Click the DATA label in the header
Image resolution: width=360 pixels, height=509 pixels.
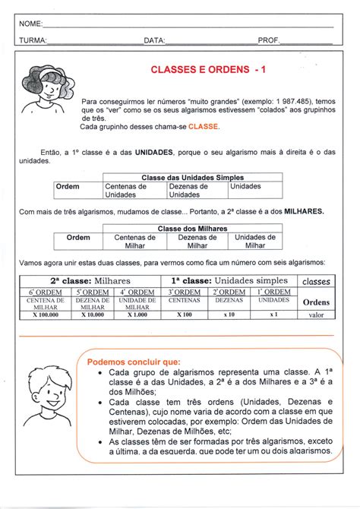point(154,40)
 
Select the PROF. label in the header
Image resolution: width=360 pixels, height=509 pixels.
point(269,40)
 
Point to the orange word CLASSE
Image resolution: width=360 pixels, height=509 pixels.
point(204,126)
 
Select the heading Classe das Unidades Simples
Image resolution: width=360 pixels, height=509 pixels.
point(192,177)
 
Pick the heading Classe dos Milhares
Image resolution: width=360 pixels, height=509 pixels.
point(192,228)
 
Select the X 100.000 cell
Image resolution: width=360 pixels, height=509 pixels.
point(47,314)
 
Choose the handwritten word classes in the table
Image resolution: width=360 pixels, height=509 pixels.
point(316,280)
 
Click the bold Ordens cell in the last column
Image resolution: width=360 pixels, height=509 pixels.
point(316,302)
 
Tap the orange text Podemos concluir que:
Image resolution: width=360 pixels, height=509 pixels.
point(134,362)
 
